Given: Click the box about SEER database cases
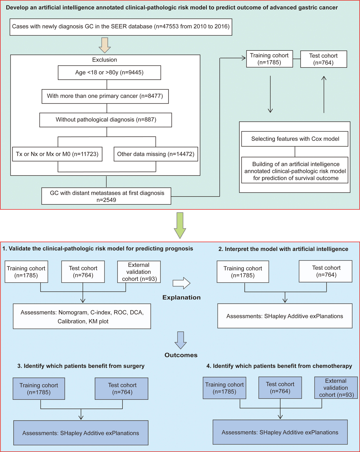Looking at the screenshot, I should coord(121,27).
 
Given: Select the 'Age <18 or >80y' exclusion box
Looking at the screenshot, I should coord(109,73).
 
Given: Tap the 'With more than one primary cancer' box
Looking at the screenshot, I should coord(105,96).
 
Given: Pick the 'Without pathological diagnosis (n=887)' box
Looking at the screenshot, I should coord(106,120).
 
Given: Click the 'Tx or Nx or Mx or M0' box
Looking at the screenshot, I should coord(57,154).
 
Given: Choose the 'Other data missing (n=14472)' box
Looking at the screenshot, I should coord(156,154).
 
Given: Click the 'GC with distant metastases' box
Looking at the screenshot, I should coord(106,196).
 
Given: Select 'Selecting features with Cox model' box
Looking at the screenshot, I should coord(295,139).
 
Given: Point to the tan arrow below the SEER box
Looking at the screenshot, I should coord(105,45).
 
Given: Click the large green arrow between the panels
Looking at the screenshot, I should coord(180,225).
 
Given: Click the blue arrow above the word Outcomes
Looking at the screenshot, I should coord(181,340).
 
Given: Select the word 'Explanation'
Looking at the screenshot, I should coord(181,297).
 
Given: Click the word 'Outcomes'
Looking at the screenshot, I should coord(181,355).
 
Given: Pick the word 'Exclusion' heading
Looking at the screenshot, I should coord(104,60).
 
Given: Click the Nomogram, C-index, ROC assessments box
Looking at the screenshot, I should coord(82,317).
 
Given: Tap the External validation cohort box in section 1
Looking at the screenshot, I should coord(139,272).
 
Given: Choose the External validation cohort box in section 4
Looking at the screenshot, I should coord(336,388).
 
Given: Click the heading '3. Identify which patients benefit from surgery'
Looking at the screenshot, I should coord(81,366).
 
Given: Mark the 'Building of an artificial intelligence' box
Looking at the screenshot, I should coord(295,171).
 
